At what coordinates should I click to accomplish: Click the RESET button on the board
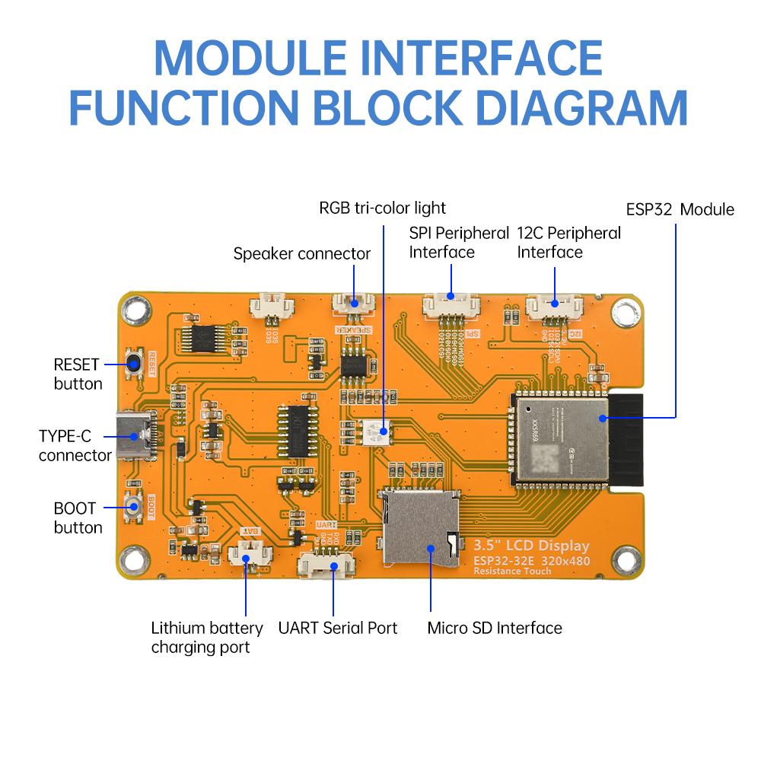coord(136,365)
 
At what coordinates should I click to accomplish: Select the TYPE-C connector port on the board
coord(135,437)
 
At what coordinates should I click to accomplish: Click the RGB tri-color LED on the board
coord(378,431)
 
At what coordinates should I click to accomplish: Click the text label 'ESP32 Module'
coord(680,209)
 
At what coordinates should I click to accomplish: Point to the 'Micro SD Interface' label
coord(494,629)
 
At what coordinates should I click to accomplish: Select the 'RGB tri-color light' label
coord(382,208)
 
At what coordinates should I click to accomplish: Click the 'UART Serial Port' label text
coord(337,629)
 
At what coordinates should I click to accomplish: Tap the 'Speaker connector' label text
coord(301,253)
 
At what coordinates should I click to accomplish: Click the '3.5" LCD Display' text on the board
coord(531,546)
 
